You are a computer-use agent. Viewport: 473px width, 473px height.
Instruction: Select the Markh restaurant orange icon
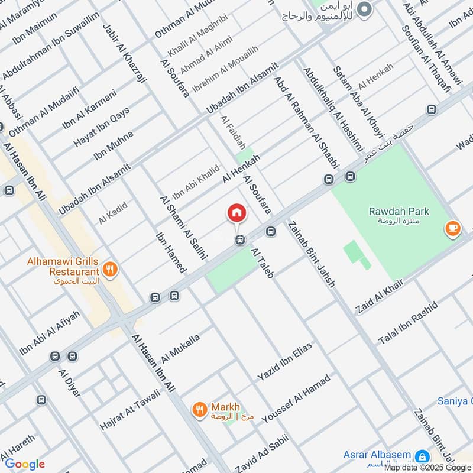point(200,408)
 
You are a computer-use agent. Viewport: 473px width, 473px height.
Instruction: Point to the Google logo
point(24,464)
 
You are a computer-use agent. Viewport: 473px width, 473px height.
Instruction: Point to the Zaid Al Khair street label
point(379,297)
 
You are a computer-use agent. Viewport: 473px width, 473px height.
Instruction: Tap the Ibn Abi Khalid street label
point(196,182)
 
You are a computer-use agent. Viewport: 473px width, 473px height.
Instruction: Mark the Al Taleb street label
point(262,264)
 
